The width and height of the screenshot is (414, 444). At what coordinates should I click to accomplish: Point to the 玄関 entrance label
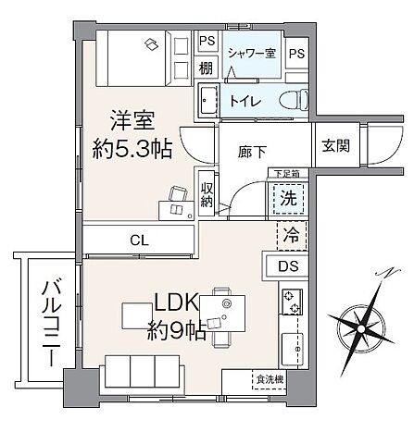(x=335, y=145)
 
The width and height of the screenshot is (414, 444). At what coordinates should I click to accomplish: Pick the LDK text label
(x=173, y=302)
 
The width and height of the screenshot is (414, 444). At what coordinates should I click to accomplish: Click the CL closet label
(x=139, y=240)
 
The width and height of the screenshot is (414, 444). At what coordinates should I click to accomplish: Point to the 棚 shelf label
(x=207, y=68)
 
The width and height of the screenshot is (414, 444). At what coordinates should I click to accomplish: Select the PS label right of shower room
(x=296, y=54)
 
